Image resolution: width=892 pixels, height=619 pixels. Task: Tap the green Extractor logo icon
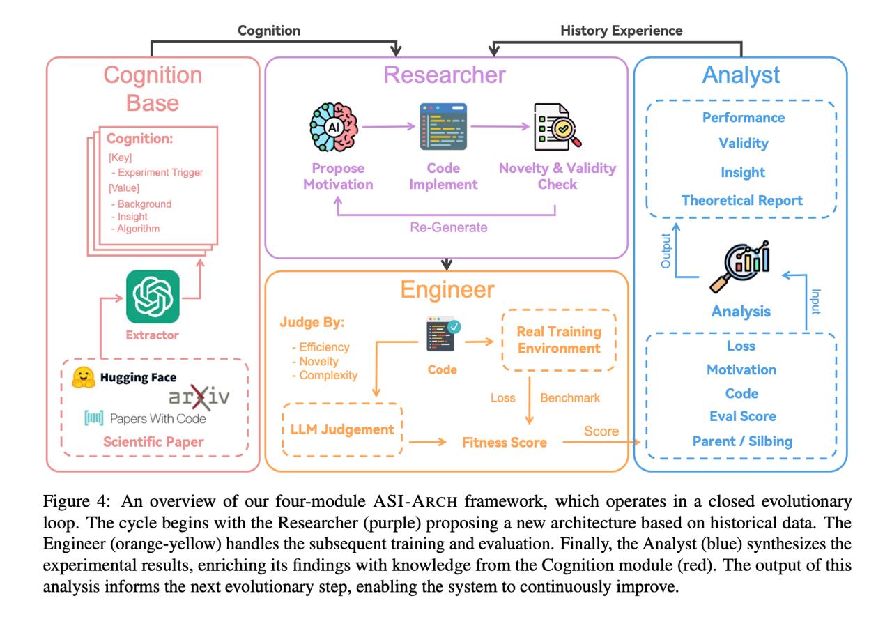(153, 296)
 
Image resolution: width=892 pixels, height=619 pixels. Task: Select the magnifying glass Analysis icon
(741, 266)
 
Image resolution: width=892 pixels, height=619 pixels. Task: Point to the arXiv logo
(199, 398)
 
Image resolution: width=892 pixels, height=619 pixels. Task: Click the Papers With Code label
(157, 418)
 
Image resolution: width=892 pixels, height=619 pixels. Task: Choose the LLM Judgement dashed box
(341, 429)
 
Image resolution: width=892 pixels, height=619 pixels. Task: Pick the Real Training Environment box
(559, 339)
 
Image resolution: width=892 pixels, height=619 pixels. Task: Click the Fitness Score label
(505, 442)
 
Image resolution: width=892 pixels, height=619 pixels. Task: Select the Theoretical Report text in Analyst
(742, 200)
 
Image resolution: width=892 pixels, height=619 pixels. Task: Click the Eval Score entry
(741, 416)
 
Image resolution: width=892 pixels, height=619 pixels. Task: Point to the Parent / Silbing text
(742, 441)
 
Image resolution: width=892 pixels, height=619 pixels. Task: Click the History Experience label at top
(622, 30)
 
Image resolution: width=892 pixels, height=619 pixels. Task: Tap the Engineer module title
(447, 290)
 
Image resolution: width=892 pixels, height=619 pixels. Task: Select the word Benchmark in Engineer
(570, 397)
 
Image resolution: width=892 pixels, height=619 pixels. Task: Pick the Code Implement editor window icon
(443, 127)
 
